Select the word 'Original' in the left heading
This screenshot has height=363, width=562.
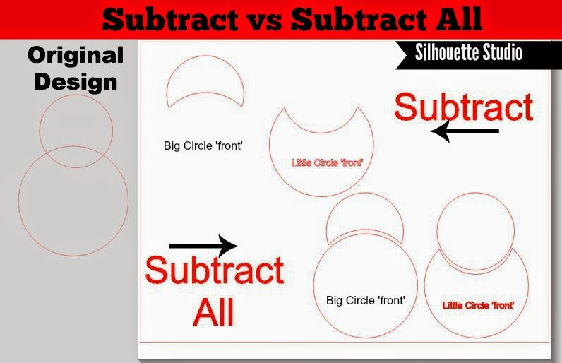point(76,55)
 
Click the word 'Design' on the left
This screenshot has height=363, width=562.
point(76,81)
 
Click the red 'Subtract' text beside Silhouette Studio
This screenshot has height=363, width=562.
point(463,107)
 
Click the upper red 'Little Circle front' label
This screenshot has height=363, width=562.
point(327,162)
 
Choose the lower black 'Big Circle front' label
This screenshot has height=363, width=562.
point(366,300)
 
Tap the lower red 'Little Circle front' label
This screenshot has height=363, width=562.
point(478,305)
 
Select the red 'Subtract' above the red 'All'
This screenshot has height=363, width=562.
point(215,270)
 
